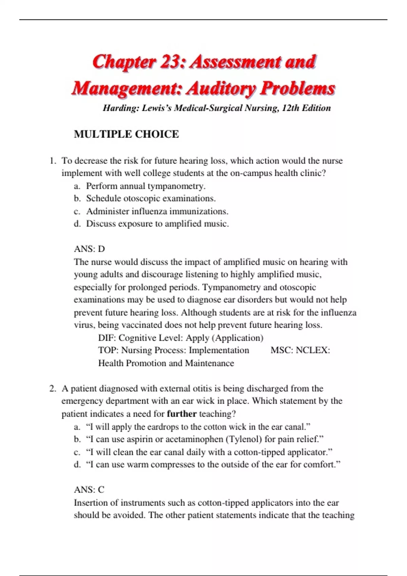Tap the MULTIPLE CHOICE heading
pyautogui.click(x=126, y=134)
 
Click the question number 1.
pyautogui.click(x=52, y=161)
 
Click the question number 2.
pyautogui.click(x=52, y=388)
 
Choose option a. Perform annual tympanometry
pyautogui.click(x=146, y=186)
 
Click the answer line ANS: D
pyautogui.click(x=90, y=249)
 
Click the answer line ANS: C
pyautogui.click(x=89, y=490)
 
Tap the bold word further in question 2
pyautogui.click(x=182, y=414)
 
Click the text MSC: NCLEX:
pyautogui.click(x=300, y=350)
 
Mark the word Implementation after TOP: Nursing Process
pyautogui.click(x=219, y=350)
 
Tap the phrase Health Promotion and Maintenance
pyautogui.click(x=166, y=363)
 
